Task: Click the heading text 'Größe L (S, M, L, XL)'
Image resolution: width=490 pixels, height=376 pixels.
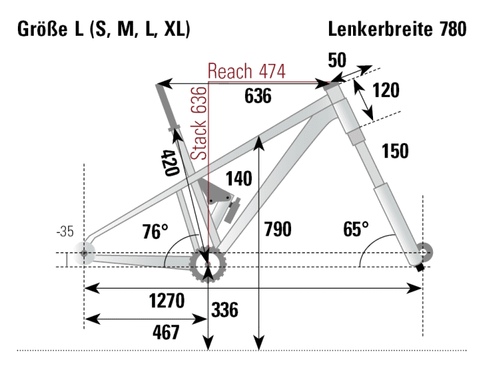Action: point(102,30)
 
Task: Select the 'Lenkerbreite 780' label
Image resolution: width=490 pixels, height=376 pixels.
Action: point(396,30)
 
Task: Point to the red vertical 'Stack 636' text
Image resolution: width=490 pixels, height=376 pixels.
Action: point(199,124)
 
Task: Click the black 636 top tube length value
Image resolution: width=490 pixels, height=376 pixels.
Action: point(258,97)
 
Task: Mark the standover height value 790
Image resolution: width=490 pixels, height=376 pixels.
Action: point(278,229)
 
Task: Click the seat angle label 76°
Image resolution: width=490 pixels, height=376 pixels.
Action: point(156,231)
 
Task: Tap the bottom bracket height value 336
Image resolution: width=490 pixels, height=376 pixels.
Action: point(224,310)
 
